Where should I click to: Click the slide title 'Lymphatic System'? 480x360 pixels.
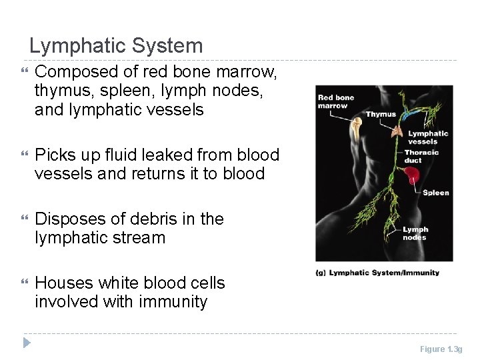(x=116, y=46)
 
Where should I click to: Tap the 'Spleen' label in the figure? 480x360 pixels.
(x=436, y=193)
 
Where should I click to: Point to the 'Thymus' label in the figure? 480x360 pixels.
(x=381, y=114)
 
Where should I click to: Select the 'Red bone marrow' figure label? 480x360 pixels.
(x=336, y=101)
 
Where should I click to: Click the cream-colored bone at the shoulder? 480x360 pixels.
(x=357, y=128)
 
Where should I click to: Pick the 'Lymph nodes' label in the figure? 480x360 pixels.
(x=415, y=233)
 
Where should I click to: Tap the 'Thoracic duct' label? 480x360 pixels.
(x=421, y=156)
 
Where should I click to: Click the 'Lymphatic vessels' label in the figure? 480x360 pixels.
(x=428, y=137)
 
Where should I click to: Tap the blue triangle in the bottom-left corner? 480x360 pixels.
(x=26, y=343)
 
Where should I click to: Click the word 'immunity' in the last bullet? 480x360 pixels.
(x=173, y=301)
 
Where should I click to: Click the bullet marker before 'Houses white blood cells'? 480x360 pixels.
(x=25, y=283)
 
